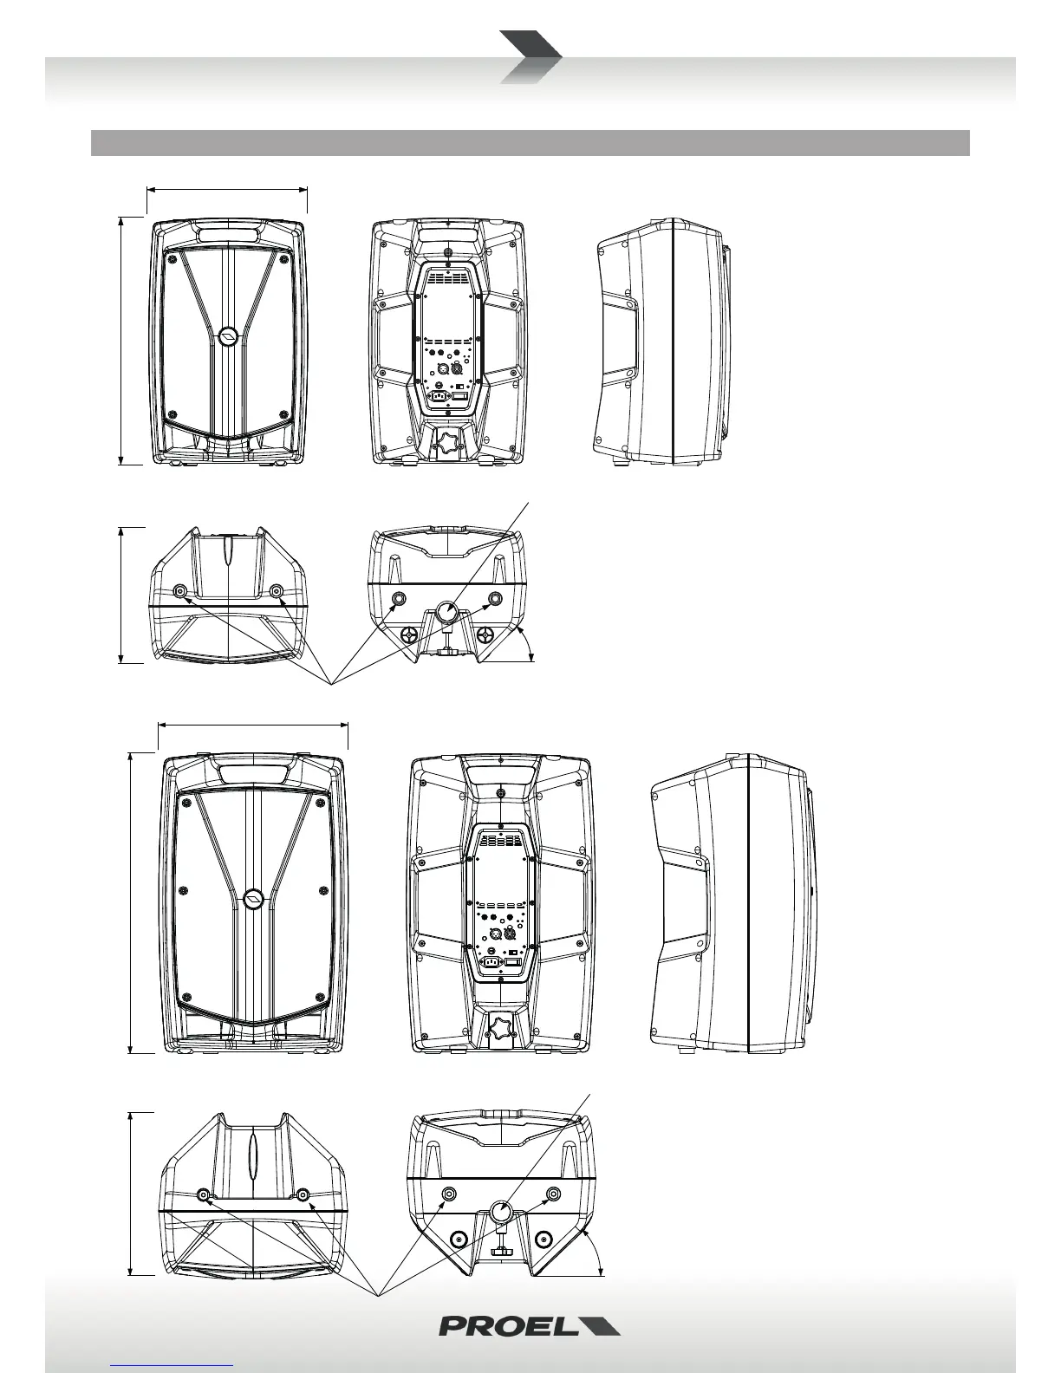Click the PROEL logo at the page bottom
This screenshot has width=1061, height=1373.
pyautogui.click(x=529, y=1326)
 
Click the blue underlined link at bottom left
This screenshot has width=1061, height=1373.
pyautogui.click(x=172, y=1365)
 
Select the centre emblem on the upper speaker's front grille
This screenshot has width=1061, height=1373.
pyautogui.click(x=228, y=337)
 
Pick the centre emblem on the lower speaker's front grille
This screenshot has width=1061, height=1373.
pyautogui.click(x=253, y=900)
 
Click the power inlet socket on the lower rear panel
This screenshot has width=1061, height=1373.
pyautogui.click(x=491, y=960)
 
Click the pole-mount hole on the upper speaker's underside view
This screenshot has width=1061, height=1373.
pyautogui.click(x=447, y=613)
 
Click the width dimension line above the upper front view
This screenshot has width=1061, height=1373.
pyautogui.click(x=227, y=187)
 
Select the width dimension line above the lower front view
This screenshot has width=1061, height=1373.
pyautogui.click(x=253, y=724)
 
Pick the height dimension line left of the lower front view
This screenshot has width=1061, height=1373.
pyautogui.click(x=131, y=902)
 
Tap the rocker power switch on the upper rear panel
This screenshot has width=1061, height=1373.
pyautogui.click(x=460, y=397)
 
